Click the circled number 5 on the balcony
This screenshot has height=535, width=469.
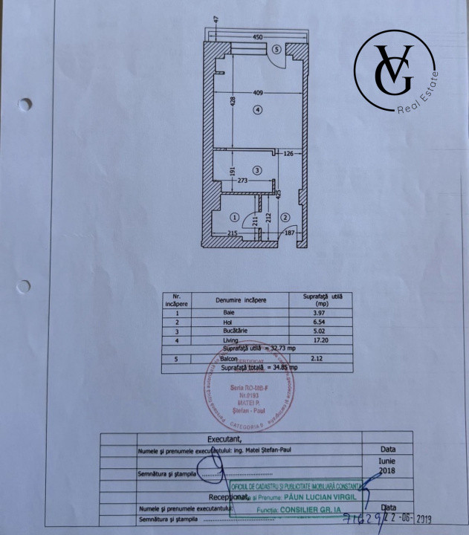tap(276, 50)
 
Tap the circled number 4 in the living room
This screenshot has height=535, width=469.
tap(257, 110)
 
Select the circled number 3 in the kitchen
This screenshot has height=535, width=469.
tap(257, 170)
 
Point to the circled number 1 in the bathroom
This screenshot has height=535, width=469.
tap(235, 218)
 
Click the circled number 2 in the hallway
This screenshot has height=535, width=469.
tap(285, 218)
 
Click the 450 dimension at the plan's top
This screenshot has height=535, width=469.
tap(257, 36)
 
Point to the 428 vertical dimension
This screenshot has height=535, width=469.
tap(233, 102)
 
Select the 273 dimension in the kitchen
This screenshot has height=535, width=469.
tap(243, 180)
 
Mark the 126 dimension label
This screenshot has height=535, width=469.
tap(289, 155)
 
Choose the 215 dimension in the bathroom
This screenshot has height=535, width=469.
tap(232, 234)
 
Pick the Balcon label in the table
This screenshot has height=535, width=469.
tap(229, 357)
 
